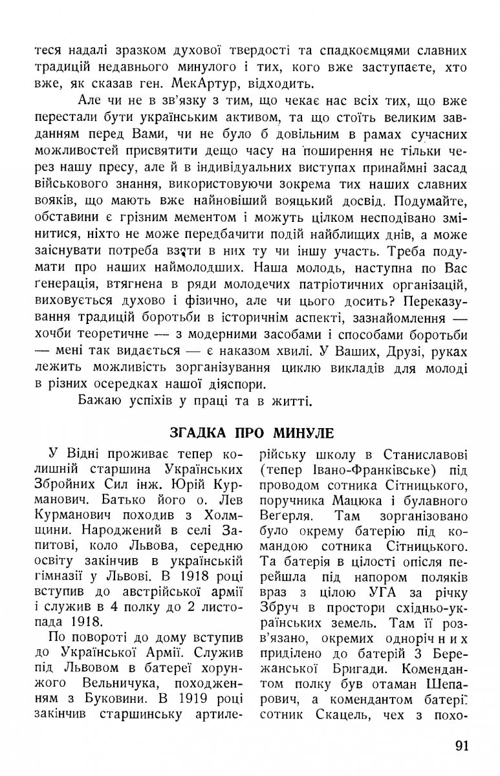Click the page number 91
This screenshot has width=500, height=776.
point(461,746)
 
